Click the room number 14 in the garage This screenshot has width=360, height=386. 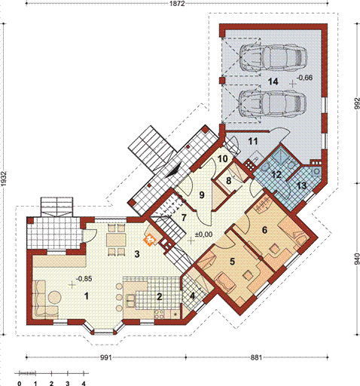point(273,81)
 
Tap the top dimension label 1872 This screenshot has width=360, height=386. point(178,3)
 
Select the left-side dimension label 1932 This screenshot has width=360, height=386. point(5,179)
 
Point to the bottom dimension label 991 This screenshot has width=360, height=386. point(105,357)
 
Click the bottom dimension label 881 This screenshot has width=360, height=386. point(256,357)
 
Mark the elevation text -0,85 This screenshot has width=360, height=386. point(84,278)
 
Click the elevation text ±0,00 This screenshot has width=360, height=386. point(204,234)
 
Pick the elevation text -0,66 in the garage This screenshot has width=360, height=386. point(305,78)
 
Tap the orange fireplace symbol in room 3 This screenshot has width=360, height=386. point(150,240)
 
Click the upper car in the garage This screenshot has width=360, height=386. point(273,57)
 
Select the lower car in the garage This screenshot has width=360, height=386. point(273,103)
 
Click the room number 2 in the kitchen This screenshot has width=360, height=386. point(159,297)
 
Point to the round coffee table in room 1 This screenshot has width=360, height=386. point(54,298)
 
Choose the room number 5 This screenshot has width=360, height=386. point(233,262)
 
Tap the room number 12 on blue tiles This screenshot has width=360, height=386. point(276,175)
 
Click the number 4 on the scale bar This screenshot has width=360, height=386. point(84,384)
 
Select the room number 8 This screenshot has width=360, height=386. point(228,181)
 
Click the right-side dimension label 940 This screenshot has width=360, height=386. point(357,259)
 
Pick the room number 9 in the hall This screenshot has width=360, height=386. point(202,195)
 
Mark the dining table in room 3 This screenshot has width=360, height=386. point(116,240)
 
